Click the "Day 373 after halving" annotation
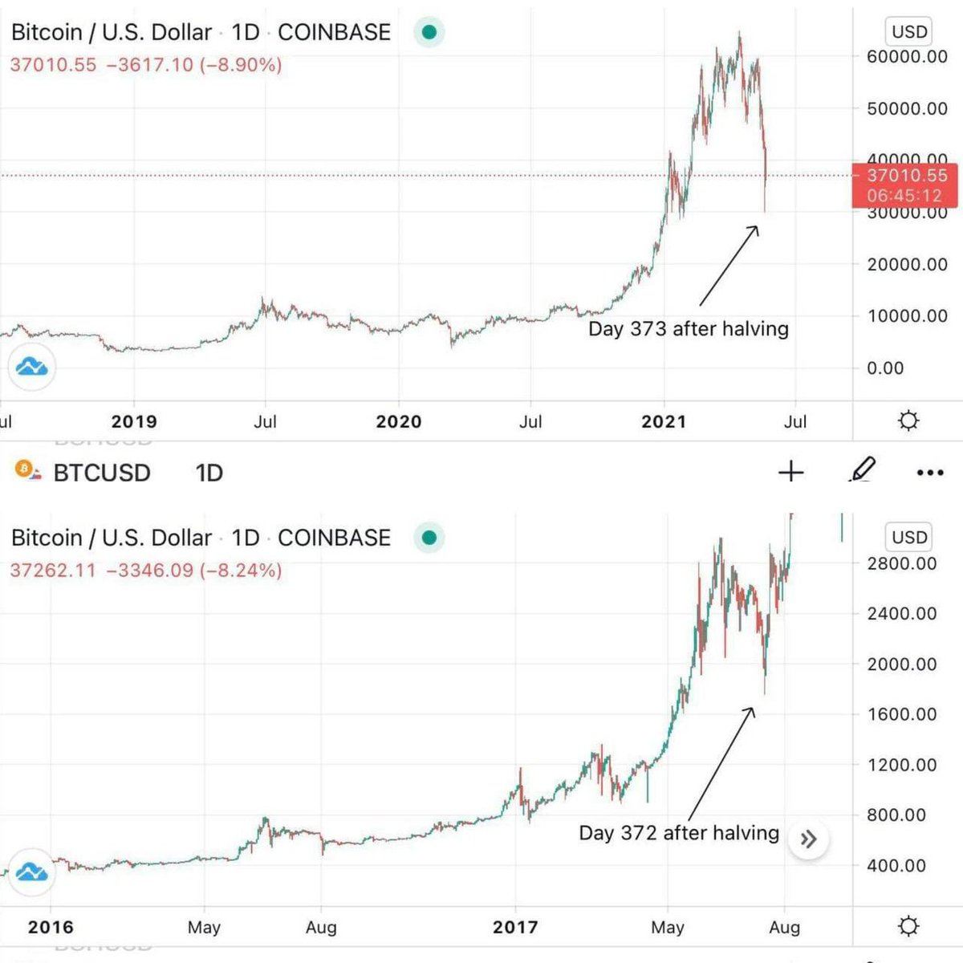point(688,329)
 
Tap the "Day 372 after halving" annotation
point(679,833)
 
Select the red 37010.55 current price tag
point(905,185)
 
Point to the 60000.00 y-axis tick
point(907,57)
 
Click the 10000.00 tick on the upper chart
point(907,316)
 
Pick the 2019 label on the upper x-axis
point(134,422)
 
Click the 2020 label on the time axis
point(399,422)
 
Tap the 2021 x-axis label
point(664,422)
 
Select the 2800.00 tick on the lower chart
point(901,563)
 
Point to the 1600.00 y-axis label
point(901,714)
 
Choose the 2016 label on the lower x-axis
point(51,928)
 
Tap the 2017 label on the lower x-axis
point(515,928)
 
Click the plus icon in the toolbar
point(791,472)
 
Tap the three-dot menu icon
point(930,473)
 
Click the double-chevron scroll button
point(808,839)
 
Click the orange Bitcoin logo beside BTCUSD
point(26,470)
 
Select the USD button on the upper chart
point(909,32)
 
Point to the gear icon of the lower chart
point(908,927)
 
